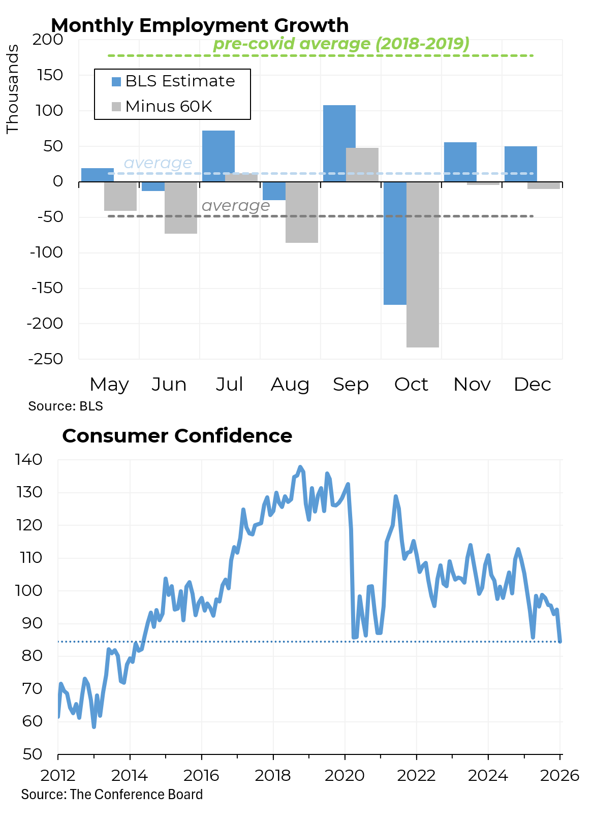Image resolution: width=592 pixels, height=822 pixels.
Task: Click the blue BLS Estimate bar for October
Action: point(395,243)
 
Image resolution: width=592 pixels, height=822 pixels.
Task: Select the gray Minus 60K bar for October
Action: point(423,264)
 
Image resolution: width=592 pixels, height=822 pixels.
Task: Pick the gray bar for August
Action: point(302,212)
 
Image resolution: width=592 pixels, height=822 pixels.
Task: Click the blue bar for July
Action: point(219,152)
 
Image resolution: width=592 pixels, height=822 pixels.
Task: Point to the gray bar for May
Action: point(120,196)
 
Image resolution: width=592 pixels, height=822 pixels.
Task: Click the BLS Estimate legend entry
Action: point(173,81)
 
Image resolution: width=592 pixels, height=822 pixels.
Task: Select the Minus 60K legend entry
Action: point(162,107)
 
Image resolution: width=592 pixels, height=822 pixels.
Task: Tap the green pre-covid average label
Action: point(341,44)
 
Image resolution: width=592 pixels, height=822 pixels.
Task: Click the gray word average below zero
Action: point(236,206)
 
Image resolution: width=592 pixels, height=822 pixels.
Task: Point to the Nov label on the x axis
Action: point(472,385)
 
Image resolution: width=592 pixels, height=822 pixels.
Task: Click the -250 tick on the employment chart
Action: point(46,359)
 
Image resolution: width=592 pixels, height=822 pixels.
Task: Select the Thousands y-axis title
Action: point(12,89)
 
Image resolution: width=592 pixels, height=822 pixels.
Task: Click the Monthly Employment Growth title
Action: point(200,25)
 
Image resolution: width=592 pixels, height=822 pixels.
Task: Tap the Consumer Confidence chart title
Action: point(177,436)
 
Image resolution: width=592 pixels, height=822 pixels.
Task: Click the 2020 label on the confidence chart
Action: point(345,775)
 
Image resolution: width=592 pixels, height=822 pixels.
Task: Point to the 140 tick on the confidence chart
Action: point(29,460)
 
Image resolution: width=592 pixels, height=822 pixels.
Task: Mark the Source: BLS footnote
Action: point(66,406)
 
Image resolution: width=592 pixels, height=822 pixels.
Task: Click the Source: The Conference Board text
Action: point(112,795)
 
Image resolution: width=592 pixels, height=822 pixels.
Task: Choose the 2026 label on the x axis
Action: point(559,775)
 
